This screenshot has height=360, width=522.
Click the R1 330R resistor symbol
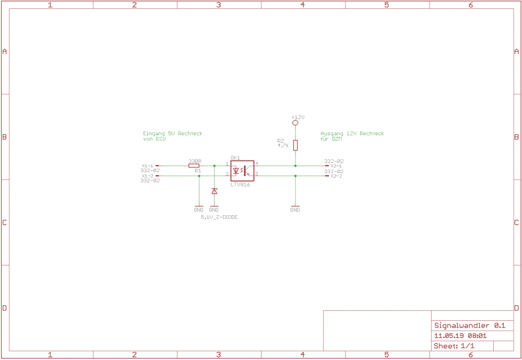pos(194,166)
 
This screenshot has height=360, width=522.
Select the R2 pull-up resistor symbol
pos(295,145)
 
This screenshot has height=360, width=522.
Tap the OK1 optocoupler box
pos(242,171)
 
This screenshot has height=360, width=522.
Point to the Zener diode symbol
pos(214,191)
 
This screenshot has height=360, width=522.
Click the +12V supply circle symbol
pos(295,123)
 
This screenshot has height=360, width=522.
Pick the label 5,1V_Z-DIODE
pos(219,217)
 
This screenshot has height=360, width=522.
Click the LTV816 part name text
pos(240,184)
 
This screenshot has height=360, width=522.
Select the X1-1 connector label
pos(147,166)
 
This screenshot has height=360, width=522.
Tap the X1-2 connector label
pos(147,176)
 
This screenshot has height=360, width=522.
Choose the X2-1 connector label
pos(336,166)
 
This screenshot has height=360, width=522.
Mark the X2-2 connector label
pos(336,176)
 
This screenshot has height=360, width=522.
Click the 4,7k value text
pos(283,145)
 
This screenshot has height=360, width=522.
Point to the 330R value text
pos(194,161)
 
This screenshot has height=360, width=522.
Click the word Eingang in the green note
pos(154,134)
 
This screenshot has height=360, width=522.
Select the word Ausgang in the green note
pos(331,134)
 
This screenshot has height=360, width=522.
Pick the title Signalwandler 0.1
pos(469,326)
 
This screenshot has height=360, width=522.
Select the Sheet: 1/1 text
pos(454,346)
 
